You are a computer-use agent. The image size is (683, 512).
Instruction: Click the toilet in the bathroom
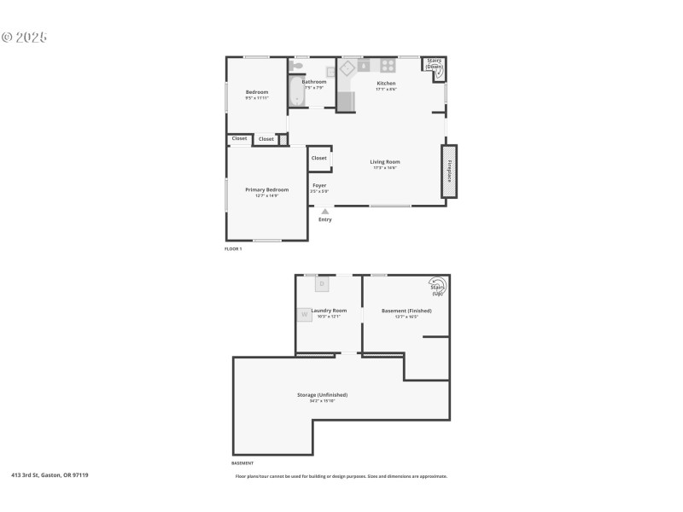(x=297, y=66)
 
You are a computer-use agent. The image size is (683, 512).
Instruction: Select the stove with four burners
(x=388, y=65)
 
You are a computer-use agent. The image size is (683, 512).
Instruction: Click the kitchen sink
(x=363, y=65)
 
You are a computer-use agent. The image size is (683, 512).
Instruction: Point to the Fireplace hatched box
(x=448, y=172)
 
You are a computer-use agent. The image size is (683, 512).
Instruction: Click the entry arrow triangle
(x=324, y=211)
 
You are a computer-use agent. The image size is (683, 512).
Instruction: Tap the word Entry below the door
(x=325, y=220)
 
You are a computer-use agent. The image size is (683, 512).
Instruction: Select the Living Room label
(x=385, y=162)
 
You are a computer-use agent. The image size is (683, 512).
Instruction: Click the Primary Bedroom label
(x=266, y=189)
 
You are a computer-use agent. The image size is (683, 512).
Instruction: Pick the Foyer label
(x=319, y=185)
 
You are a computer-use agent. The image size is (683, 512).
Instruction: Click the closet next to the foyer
(x=319, y=158)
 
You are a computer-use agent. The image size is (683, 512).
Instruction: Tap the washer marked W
(x=304, y=314)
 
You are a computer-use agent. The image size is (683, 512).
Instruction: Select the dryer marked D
(x=323, y=282)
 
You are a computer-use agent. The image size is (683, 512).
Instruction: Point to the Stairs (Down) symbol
(x=435, y=67)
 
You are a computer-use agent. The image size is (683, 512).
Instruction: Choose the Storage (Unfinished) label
(x=322, y=395)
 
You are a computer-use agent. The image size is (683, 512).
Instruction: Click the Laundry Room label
(x=329, y=311)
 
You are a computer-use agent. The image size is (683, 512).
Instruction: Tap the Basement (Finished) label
(x=406, y=311)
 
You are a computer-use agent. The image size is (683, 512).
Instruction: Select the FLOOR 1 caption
(x=233, y=248)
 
